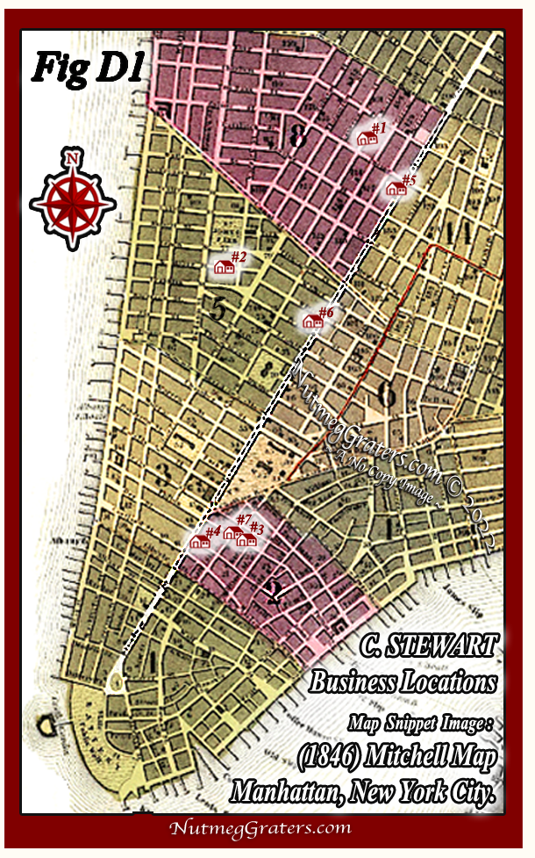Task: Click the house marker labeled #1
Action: (366, 138)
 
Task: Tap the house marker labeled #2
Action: (224, 266)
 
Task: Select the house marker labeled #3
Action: (246, 539)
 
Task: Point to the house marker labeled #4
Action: (200, 542)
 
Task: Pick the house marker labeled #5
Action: (396, 188)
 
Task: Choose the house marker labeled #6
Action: (311, 321)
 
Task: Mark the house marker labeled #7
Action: (232, 532)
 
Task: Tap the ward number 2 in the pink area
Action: (273, 596)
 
